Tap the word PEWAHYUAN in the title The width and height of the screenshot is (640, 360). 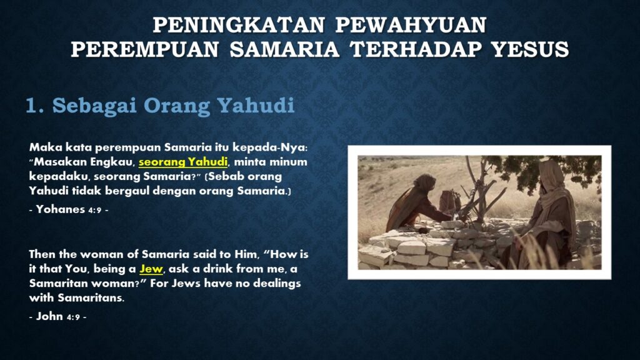tap(411, 25)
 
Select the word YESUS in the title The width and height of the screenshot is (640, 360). tap(531, 49)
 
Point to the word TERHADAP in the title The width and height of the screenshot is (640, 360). tap(416, 49)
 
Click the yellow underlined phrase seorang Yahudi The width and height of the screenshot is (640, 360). tap(183, 162)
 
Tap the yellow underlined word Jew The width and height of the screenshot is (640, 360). tap(151, 269)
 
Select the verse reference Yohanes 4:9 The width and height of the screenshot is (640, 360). tap(69, 209)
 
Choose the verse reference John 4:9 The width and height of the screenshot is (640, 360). tap(57, 316)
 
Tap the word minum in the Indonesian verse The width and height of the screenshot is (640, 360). tap(291, 162)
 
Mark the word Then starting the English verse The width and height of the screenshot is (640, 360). tap(42, 254)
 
